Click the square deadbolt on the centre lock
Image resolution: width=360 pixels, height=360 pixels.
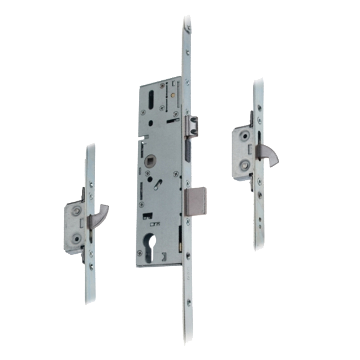196,202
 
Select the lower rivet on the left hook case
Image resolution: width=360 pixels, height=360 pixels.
75,238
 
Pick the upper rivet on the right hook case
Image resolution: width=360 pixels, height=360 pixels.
244,136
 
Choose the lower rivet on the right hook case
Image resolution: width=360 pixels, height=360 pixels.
244,164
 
